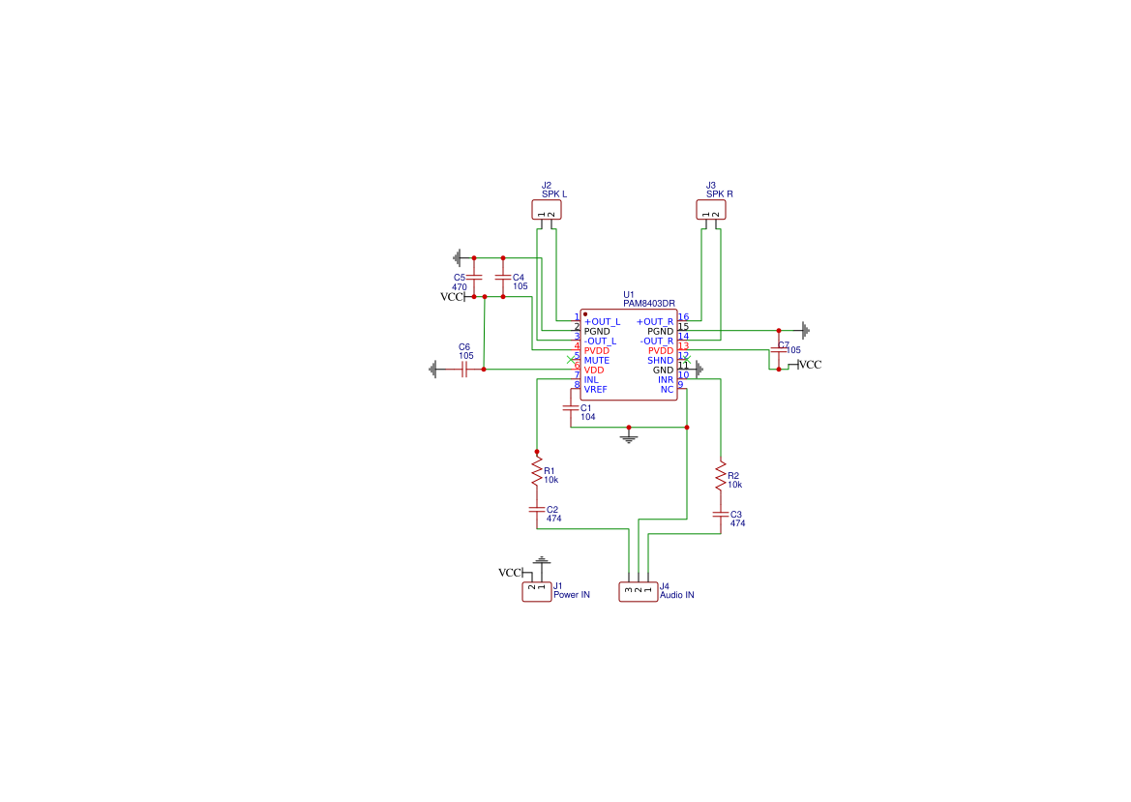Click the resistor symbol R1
click(537, 471)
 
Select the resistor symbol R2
click(721, 476)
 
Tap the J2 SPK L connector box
click(547, 210)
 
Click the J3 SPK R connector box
click(711, 210)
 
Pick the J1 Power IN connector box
click(537, 591)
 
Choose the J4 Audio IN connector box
click(639, 591)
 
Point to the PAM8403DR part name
click(649, 304)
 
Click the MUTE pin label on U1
click(597, 361)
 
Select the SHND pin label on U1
click(660, 361)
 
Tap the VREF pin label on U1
click(596, 390)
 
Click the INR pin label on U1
click(665, 380)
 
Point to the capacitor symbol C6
click(464, 370)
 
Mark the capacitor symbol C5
click(474, 277)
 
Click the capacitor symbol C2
click(537, 509)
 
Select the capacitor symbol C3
click(721, 515)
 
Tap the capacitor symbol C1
click(571, 408)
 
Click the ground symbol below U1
click(629, 436)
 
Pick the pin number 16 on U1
click(684, 316)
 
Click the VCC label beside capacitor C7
click(810, 365)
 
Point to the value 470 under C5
click(460, 287)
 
